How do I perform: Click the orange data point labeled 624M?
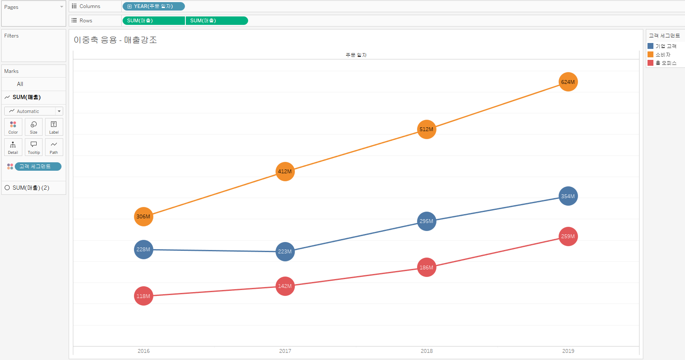568,82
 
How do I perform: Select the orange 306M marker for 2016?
143,217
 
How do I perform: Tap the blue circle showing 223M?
285,252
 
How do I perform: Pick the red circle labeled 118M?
143,296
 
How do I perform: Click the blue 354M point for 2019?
568,196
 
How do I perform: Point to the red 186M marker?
427,268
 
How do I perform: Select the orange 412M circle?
285,172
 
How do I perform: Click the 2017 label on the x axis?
285,351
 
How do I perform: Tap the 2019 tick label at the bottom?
568,351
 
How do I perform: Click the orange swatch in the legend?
650,54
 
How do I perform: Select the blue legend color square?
650,46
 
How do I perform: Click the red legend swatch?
650,63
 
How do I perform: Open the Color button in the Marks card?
13,127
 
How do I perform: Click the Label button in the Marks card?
54,127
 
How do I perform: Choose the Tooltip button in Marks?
34,147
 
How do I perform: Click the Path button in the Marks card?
54,147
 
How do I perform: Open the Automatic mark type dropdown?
34,111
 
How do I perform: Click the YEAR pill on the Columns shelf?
153,6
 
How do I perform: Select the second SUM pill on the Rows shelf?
217,21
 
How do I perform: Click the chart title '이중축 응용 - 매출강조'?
115,40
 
